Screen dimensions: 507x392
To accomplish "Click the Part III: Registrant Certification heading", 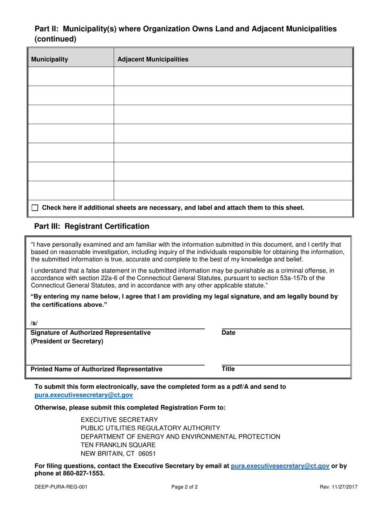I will tap(92, 226).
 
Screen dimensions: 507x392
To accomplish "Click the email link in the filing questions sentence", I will tap(280, 466).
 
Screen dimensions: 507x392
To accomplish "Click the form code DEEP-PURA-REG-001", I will tap(61, 487).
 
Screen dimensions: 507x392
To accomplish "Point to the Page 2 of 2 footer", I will tap(184, 487).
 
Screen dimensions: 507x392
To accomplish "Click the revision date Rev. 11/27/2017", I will tap(338, 487).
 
